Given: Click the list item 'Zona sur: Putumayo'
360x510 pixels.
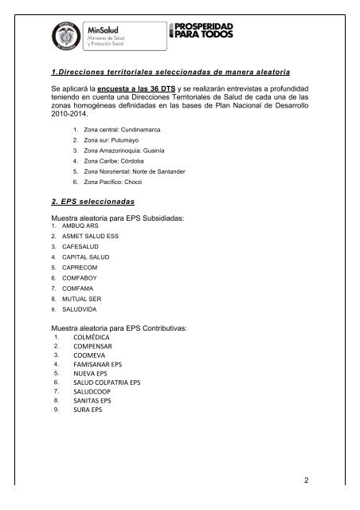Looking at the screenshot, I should click(x=116, y=140).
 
